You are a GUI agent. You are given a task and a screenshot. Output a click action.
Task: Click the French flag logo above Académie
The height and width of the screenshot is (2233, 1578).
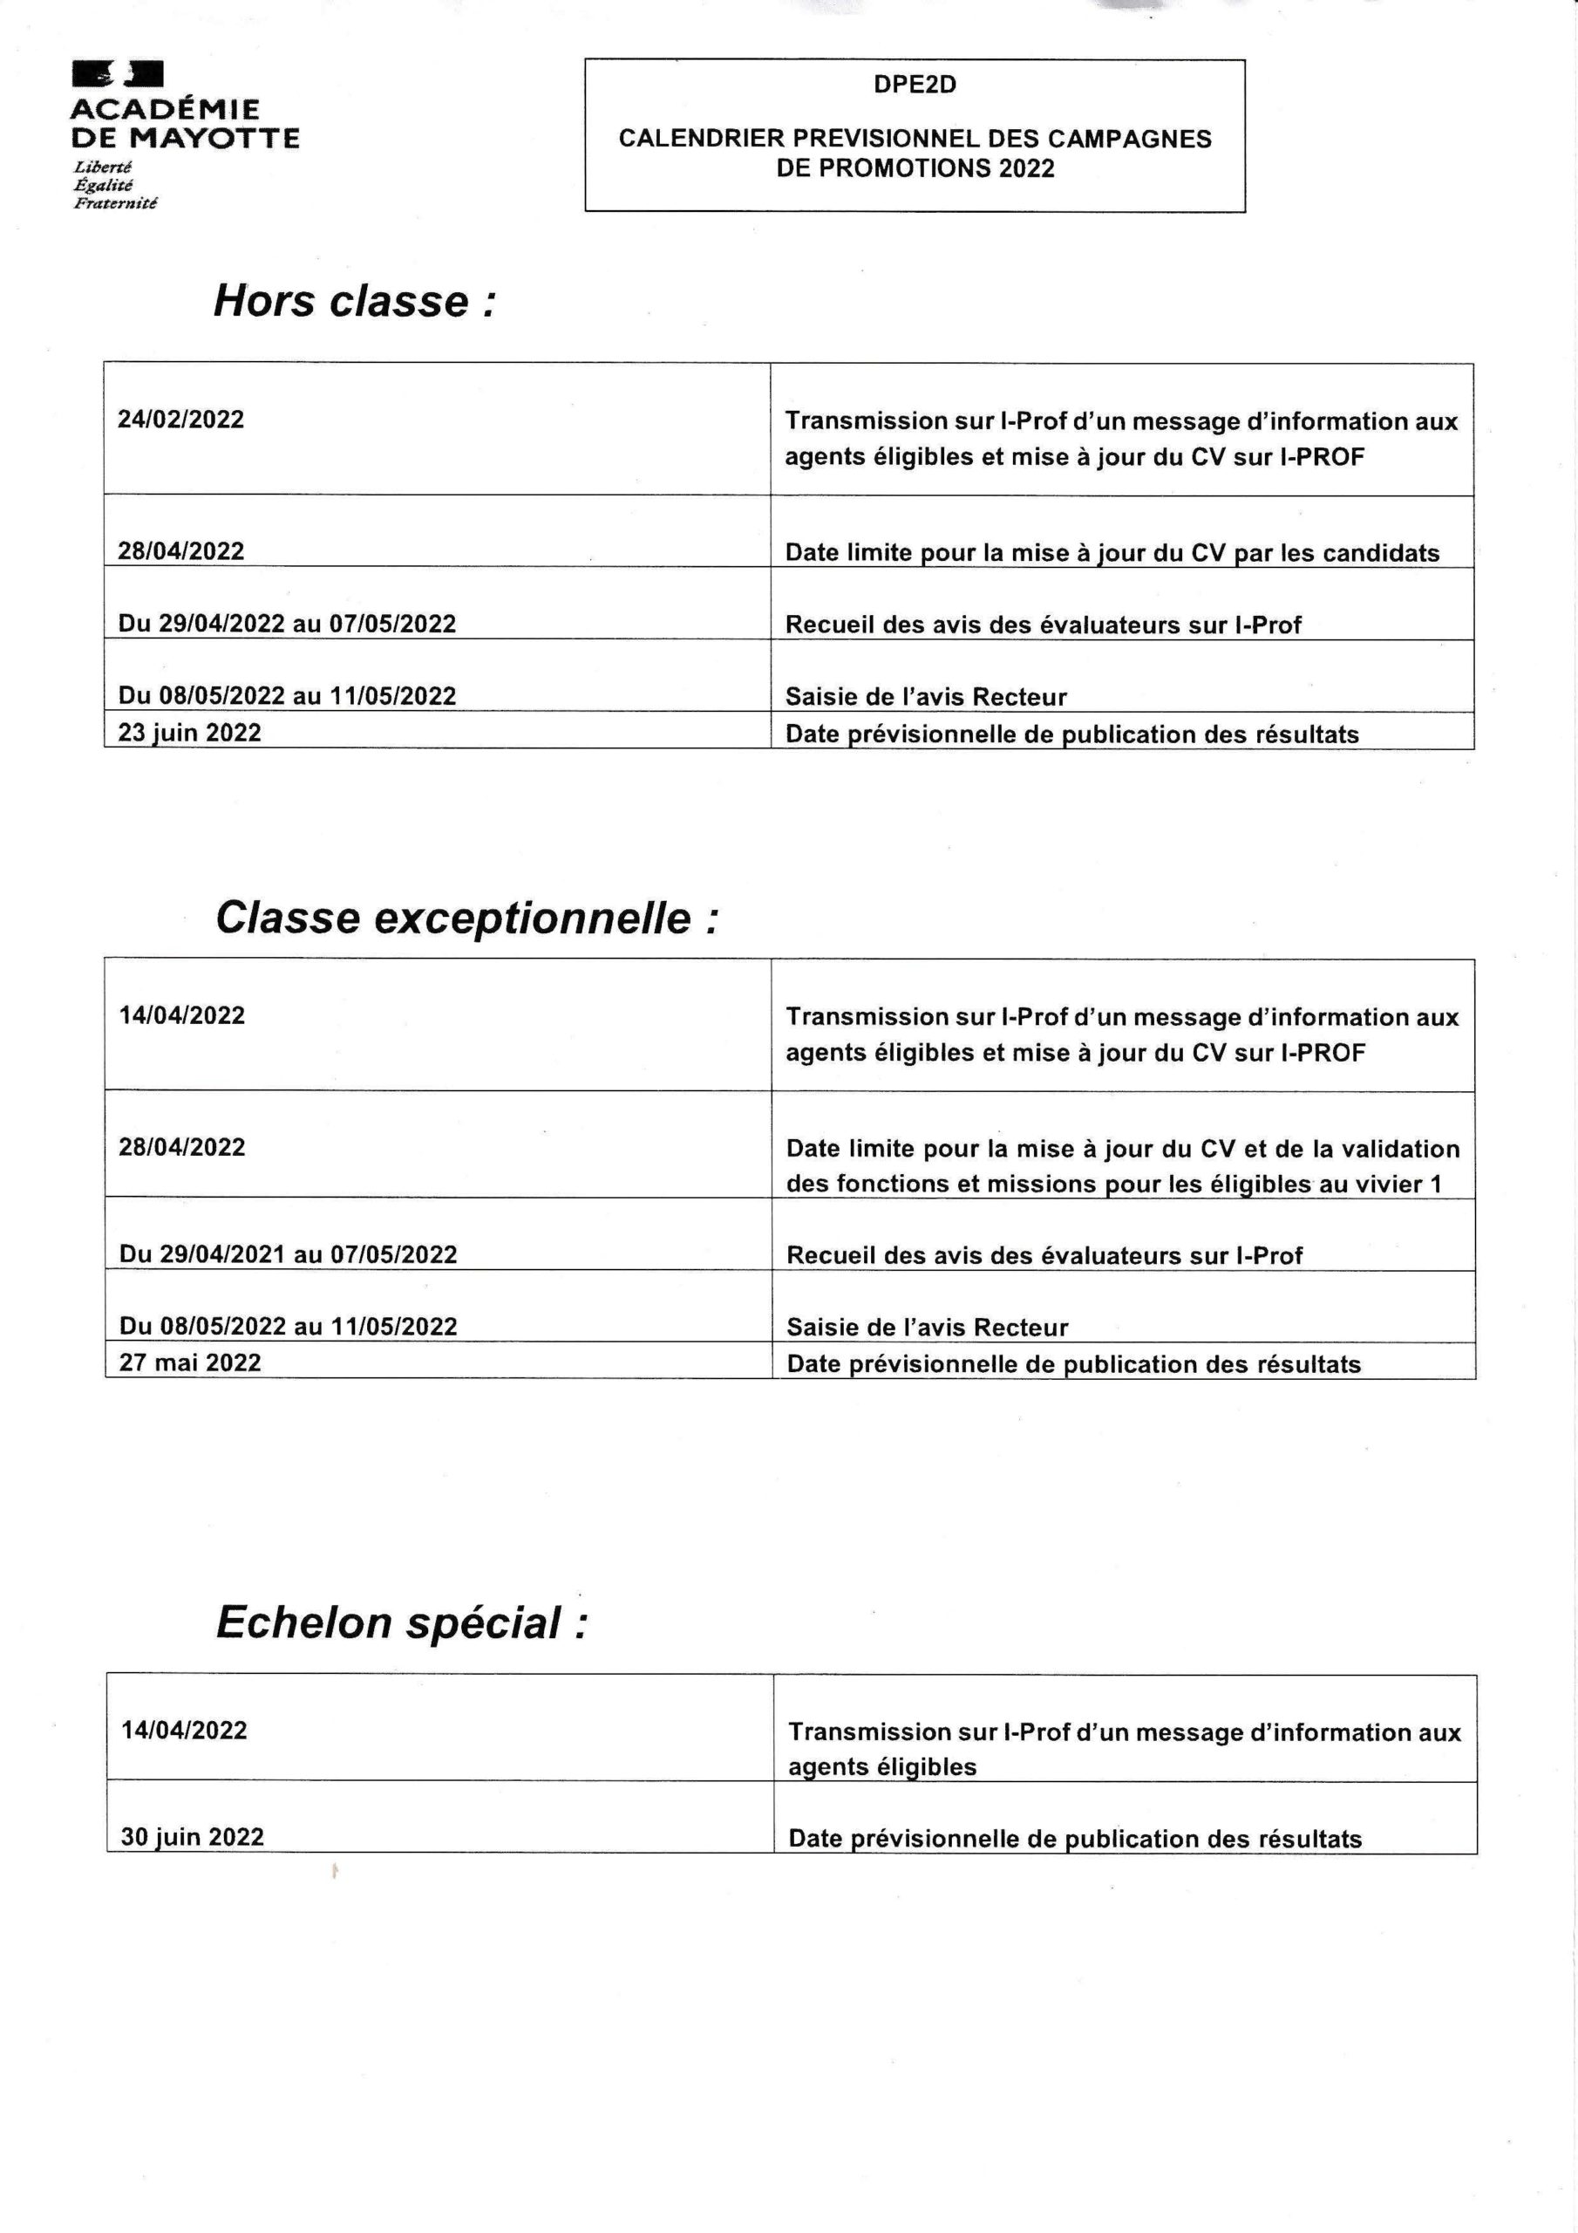pos(117,74)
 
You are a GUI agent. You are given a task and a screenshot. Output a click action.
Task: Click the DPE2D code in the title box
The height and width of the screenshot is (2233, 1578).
pos(914,85)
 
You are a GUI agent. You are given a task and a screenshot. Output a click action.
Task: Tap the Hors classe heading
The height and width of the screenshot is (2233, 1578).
pos(354,301)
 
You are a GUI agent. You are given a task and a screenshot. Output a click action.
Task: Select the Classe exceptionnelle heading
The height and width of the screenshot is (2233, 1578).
pos(466,917)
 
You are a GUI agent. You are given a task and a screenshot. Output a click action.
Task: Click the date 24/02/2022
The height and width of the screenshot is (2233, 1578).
pos(180,420)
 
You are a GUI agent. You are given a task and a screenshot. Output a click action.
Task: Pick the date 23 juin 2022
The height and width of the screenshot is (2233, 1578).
pos(189,733)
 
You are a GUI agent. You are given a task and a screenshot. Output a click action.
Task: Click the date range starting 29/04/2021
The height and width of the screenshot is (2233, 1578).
pos(288,1254)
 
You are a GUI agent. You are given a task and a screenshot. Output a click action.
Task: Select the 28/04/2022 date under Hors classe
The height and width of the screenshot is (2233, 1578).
pos(180,551)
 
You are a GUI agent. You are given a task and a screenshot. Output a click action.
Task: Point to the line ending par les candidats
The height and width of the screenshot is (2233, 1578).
pos(1112,552)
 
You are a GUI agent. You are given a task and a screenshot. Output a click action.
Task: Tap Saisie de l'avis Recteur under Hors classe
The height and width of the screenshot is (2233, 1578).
pos(926,696)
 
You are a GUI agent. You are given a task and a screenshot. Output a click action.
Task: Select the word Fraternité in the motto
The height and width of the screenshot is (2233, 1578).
pos(115,202)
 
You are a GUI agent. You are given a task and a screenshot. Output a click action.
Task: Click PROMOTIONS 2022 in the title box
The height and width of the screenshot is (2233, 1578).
pos(915,168)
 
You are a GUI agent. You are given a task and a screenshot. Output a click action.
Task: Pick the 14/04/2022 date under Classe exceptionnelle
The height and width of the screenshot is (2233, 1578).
pos(182,1015)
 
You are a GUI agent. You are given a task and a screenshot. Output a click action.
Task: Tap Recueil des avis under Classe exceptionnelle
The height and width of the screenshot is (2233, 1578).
pos(1044,1255)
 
